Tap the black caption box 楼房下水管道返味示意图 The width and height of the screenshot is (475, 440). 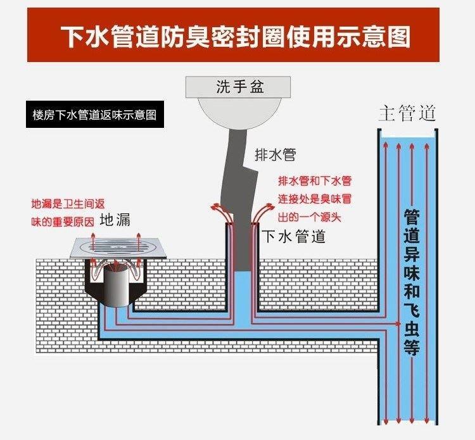[94, 116]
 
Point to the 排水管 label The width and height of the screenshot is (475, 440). [274, 154]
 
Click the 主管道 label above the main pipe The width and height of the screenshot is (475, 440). [407, 114]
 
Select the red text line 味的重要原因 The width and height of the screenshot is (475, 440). [62, 222]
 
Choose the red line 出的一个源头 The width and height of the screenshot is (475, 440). [310, 215]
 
